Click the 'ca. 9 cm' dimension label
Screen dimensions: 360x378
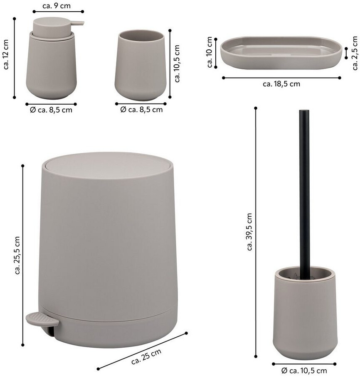coord(57,6)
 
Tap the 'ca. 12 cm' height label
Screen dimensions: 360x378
coord(6,54)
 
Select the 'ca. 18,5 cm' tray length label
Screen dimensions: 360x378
coord(281,84)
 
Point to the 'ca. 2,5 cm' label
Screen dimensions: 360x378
coord(355,53)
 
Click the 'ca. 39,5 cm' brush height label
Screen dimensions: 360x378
coord(249,232)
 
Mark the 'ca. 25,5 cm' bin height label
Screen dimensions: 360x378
coord(17,255)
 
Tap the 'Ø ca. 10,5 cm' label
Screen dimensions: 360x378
coord(304,371)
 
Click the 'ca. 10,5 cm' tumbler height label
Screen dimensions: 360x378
coord(177,64)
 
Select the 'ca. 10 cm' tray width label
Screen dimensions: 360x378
coord(210,52)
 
